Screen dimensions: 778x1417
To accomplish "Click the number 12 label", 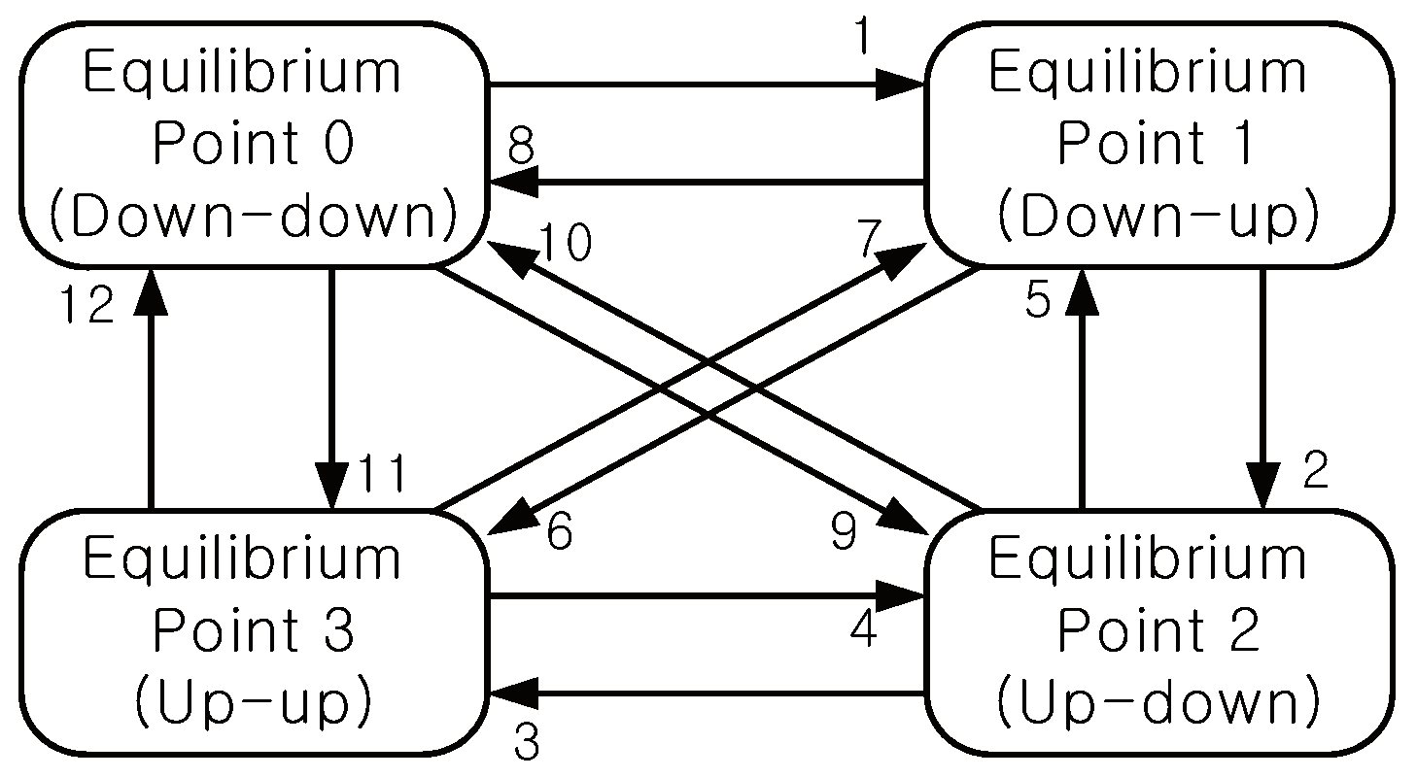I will pos(86,307).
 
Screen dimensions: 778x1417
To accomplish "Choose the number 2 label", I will pos(1314,474).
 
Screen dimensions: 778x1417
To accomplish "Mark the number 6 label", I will pos(560,533).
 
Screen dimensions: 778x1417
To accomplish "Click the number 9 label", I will pos(844,533).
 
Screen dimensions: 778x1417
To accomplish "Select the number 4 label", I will pos(863,630).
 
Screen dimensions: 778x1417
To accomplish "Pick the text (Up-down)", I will pos(1158,704).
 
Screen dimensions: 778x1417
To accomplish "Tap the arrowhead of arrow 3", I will pos(511,693).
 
